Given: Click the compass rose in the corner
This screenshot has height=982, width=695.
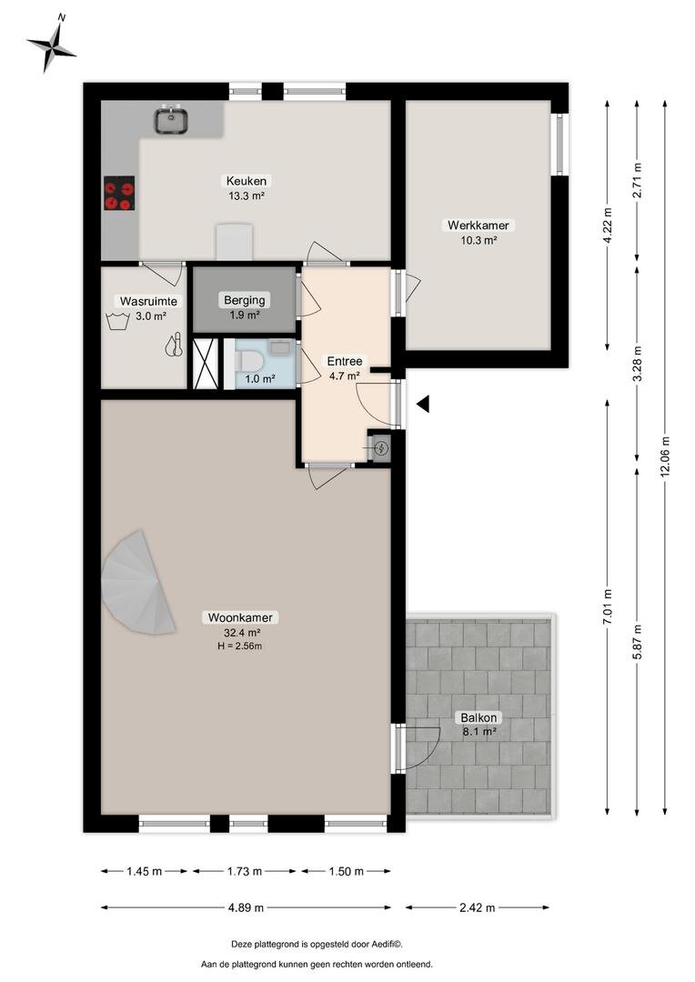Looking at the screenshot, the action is [51, 44].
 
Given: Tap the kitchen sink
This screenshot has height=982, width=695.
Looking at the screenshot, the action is [172, 119].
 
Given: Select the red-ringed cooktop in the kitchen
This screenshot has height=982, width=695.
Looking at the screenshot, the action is [119, 193].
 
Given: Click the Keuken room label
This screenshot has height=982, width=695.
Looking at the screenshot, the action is [247, 181].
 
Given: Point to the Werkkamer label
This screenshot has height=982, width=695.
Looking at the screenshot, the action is [478, 225].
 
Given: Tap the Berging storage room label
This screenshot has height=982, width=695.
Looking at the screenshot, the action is [245, 300].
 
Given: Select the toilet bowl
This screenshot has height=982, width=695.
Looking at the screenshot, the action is [251, 362].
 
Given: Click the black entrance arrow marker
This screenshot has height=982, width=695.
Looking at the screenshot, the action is [423, 405].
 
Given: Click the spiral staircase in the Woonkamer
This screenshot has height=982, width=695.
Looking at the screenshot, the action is [137, 583].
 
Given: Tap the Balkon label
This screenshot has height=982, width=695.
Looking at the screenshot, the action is [478, 717].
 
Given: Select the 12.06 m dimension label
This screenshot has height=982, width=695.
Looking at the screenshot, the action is [665, 456].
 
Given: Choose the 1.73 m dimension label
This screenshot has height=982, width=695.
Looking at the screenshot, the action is [245, 871].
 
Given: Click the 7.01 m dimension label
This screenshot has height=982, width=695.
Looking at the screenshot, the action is [608, 606].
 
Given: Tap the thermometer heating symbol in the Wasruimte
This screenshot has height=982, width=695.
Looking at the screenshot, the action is [175, 346].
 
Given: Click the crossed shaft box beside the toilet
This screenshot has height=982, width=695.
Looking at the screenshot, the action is [205, 363].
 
